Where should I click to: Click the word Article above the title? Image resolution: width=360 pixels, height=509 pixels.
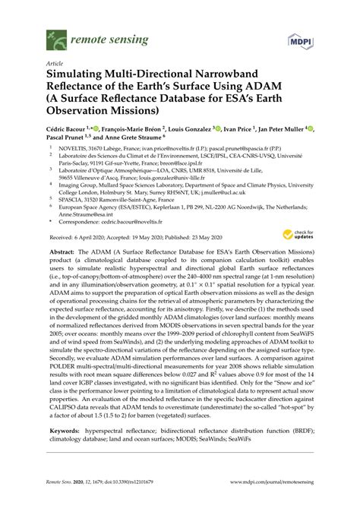click(x=55, y=64)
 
